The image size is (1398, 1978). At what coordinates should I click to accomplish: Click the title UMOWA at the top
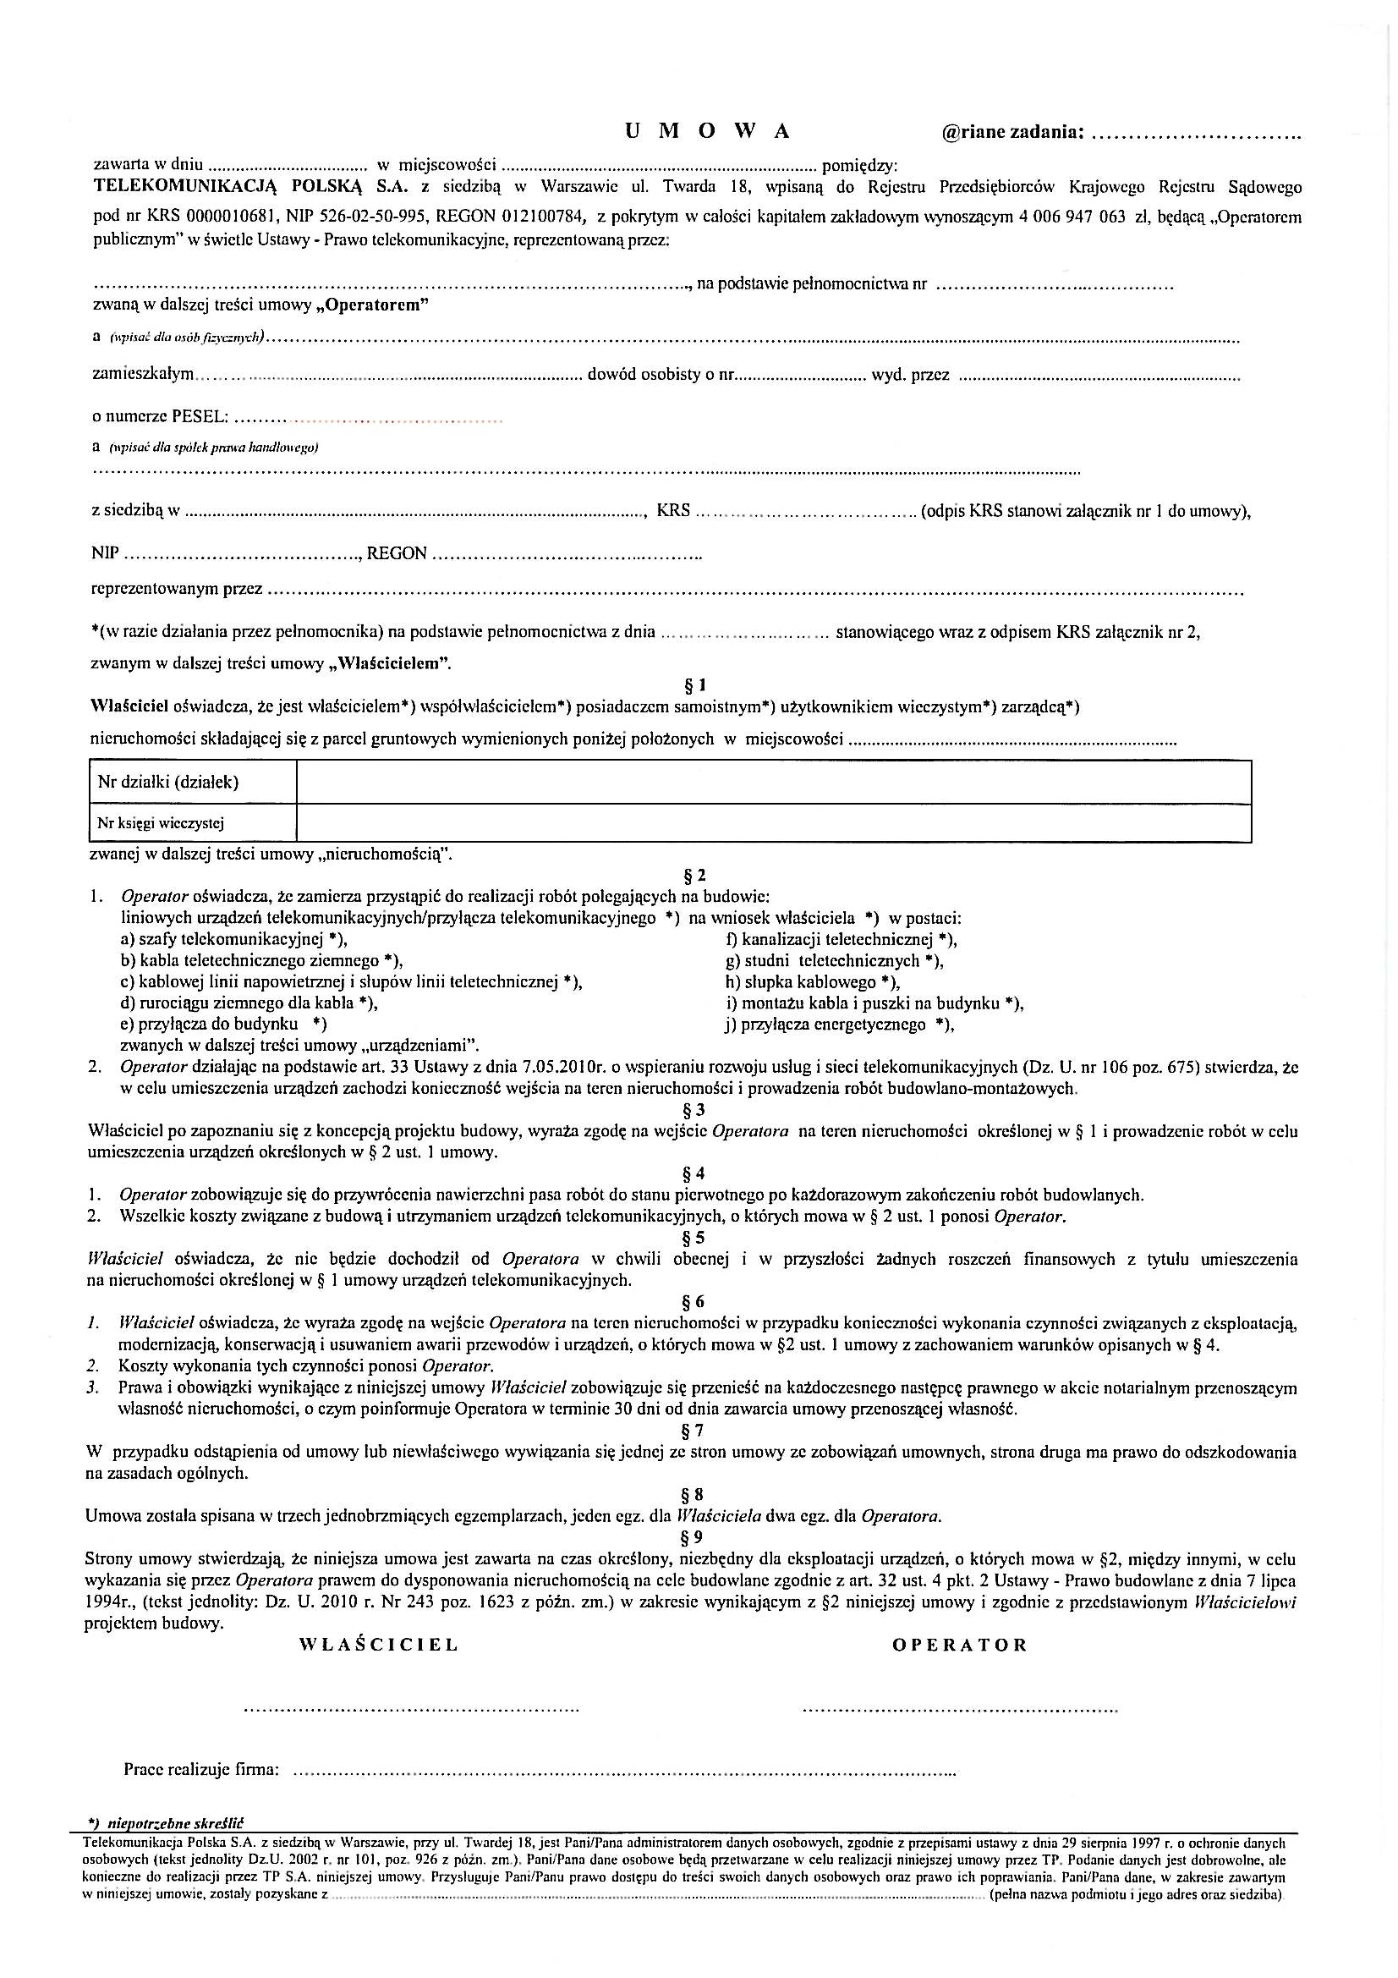pos(707,131)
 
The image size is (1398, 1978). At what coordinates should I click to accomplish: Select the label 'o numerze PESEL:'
pos(160,417)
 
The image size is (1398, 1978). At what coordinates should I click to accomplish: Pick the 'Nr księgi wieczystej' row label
pos(161,823)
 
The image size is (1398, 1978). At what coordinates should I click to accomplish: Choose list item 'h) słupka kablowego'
pos(812,982)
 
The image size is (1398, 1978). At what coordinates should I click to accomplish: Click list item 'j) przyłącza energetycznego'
pos(840,1025)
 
